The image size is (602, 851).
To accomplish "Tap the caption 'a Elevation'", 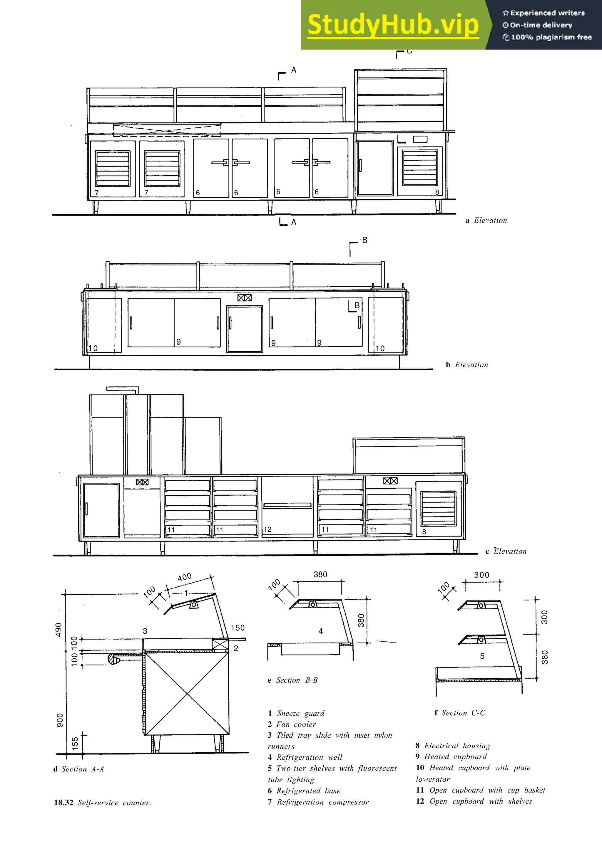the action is tap(486, 221).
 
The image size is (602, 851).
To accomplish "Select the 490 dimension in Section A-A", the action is tap(58, 630).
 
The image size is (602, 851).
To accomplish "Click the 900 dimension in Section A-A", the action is tap(60, 720).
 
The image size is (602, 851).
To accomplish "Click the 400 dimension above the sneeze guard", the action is tap(185, 577).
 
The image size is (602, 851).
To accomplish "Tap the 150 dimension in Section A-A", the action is tap(238, 628).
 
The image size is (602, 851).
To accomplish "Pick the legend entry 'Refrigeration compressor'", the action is tap(318, 802).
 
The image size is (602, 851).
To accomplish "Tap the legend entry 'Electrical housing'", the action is tap(452, 746).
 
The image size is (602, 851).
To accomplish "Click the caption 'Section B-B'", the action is tap(293, 680).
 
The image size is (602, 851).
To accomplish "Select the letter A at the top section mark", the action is tap(294, 70).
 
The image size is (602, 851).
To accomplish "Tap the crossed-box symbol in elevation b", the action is tap(245, 298).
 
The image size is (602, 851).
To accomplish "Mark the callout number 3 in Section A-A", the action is tap(145, 631).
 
